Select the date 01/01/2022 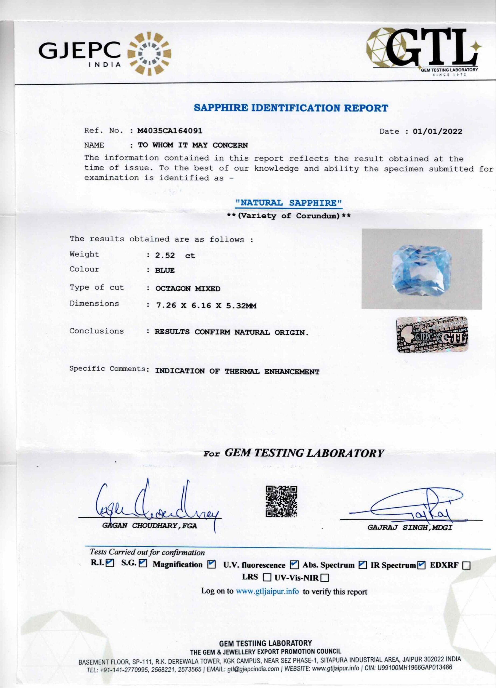[x=437, y=131]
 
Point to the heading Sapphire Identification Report [x=291, y=108]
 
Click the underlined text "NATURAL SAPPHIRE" [x=289, y=203]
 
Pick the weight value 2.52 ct [x=175, y=255]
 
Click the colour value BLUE [x=165, y=270]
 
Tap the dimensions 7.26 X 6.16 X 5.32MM [x=206, y=306]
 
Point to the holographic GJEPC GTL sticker [x=432, y=335]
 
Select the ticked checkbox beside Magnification [x=212, y=565]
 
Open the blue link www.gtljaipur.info [x=267, y=591]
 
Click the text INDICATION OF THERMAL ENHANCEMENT [x=237, y=371]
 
